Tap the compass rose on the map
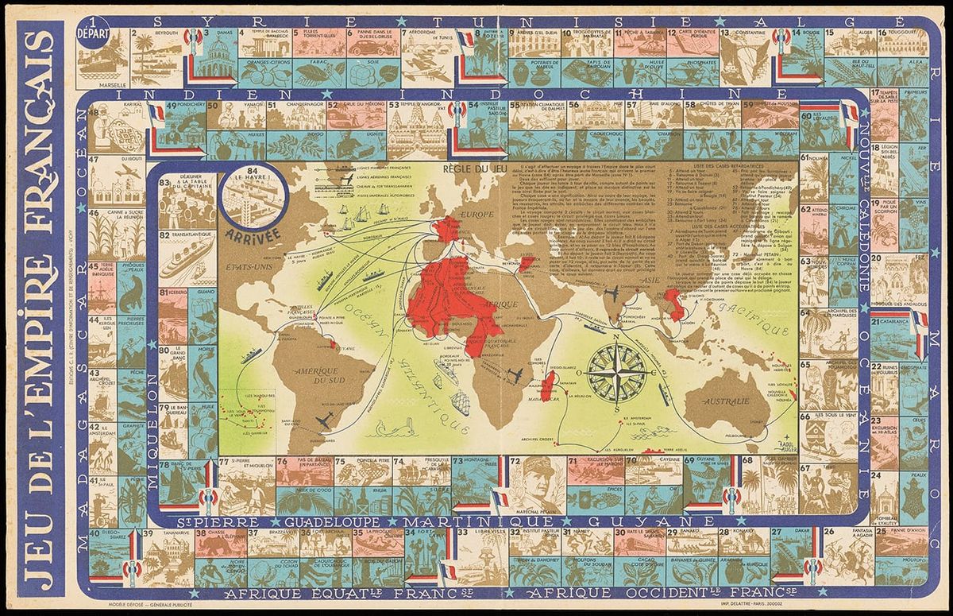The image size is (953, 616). [615, 370]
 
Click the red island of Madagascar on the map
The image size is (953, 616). [549, 389]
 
